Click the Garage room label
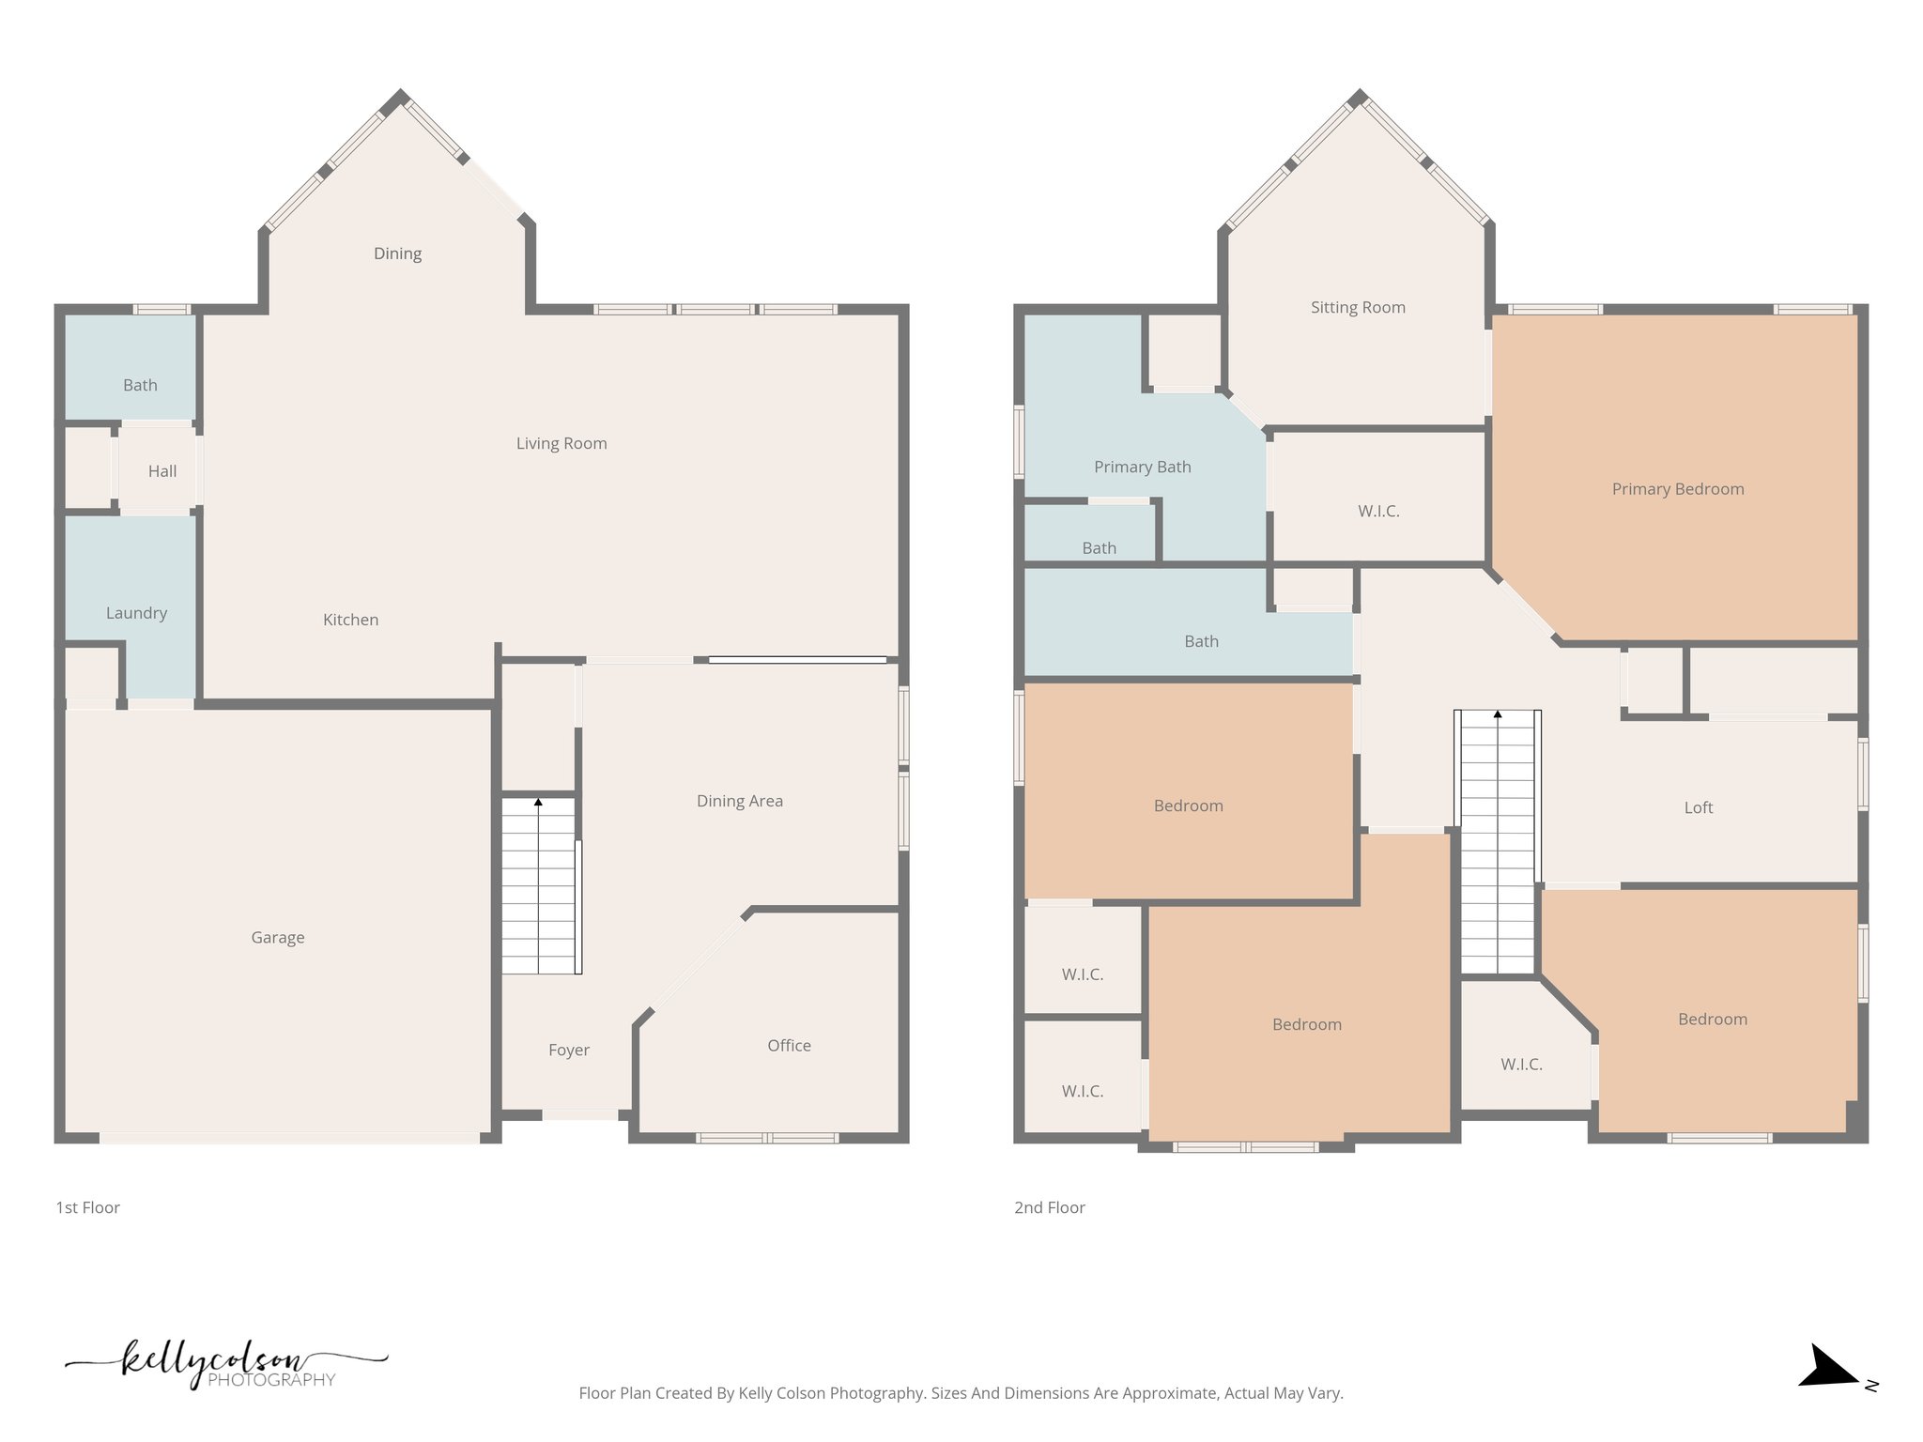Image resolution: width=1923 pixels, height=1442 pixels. point(278,937)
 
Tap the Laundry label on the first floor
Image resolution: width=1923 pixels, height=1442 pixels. point(136,613)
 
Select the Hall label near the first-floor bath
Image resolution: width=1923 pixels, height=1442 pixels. point(162,471)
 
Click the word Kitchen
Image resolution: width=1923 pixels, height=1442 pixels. point(350,620)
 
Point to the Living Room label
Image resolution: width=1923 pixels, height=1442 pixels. point(562,443)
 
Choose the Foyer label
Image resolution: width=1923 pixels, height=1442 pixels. point(569,1050)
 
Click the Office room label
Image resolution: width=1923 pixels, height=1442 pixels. point(789,1045)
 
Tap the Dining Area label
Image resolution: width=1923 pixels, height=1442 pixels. point(739,801)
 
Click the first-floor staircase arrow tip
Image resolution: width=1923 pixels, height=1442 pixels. point(538,802)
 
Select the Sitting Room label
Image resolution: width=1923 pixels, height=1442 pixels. point(1358,307)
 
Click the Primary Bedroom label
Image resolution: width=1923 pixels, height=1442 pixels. point(1677,489)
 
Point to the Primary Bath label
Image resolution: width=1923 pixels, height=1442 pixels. point(1142,467)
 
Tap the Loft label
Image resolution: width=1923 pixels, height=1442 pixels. point(1698,807)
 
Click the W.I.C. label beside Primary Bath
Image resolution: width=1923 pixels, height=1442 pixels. point(1378,511)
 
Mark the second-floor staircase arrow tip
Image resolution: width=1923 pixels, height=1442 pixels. point(1498,714)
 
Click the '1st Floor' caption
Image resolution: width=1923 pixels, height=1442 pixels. point(87,1207)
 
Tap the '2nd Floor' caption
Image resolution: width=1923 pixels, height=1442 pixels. point(1049,1207)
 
